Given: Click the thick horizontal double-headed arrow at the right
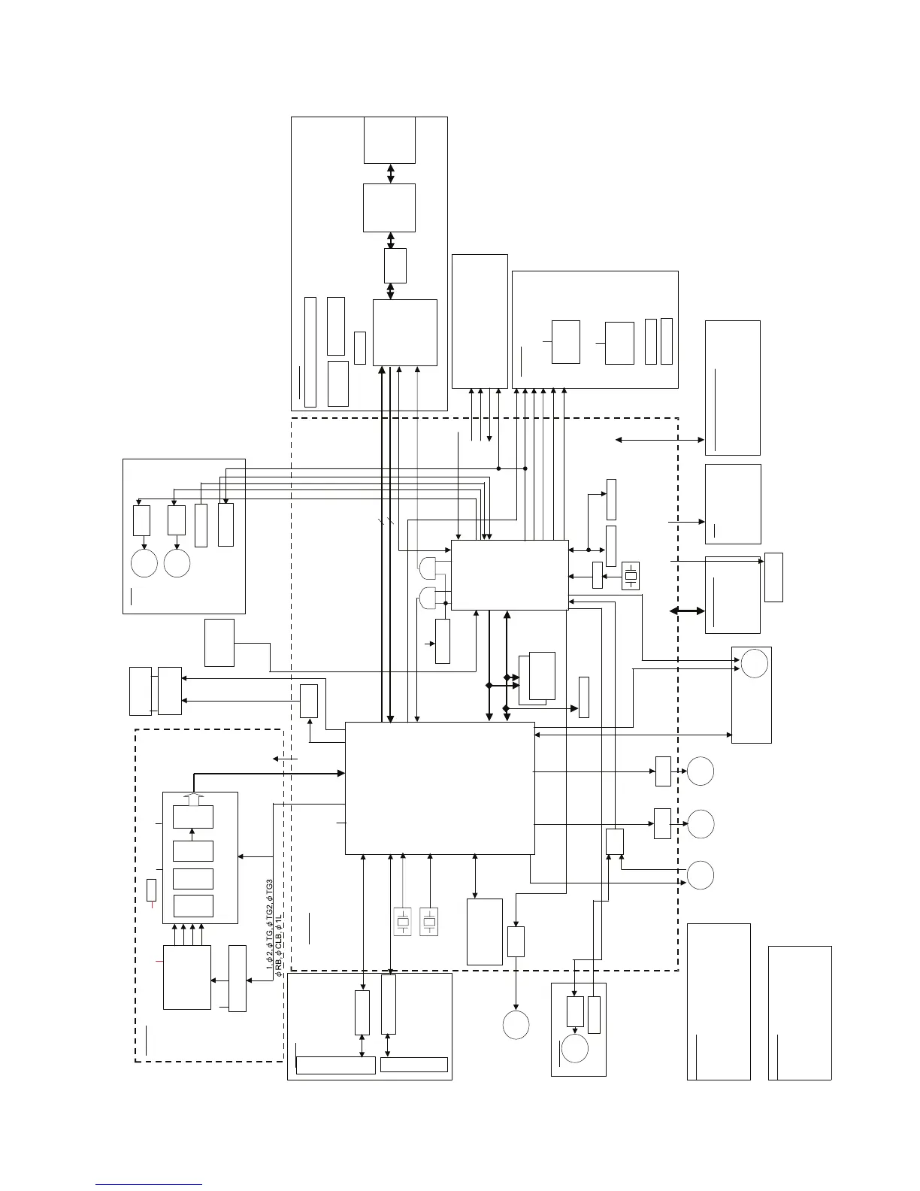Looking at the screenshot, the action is pos(687,611).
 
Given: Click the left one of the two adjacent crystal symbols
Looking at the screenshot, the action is pos(403,922).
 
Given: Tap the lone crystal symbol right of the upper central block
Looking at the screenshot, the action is pos(631,576).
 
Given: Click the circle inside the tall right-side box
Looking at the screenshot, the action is pos(755,663).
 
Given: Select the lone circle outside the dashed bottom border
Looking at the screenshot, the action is pos(516,1025).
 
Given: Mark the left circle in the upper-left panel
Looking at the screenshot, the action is pos(144,564).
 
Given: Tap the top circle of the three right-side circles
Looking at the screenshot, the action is pos(701,772).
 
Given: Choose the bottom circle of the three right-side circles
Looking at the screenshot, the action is pos(701,875).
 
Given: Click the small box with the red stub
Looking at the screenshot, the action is pos(151,889).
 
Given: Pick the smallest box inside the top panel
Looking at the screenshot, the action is pos(359,347).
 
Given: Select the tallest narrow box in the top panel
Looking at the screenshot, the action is pos(310,352).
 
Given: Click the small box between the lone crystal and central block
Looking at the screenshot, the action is pos(598,575).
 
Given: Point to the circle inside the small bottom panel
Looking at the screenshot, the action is pos(575,1049).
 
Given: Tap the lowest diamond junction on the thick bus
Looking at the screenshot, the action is pos(506,708).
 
